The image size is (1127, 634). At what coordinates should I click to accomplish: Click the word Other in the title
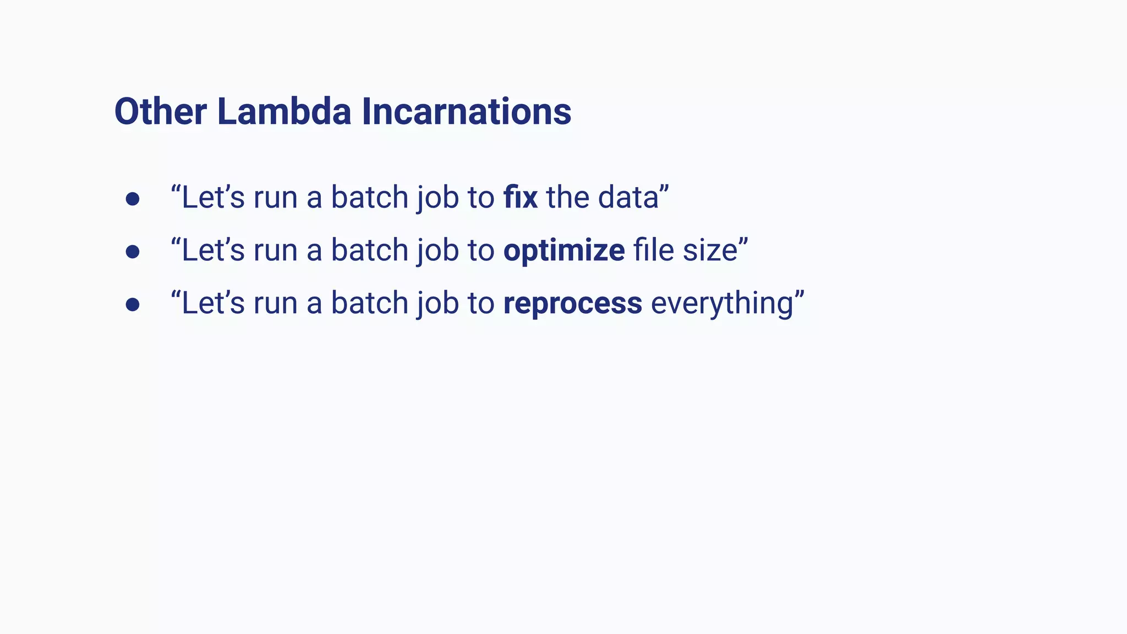[160, 112]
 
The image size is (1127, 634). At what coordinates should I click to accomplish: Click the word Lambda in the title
[284, 112]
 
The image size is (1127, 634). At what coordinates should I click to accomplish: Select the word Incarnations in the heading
[466, 112]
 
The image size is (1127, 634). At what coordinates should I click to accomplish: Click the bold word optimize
[563, 251]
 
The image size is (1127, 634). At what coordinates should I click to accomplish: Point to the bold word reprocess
[572, 304]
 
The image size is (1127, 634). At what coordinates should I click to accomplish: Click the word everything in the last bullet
[721, 304]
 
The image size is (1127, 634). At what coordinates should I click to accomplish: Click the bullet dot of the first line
[132, 199]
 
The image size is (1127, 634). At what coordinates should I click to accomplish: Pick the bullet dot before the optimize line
[132, 252]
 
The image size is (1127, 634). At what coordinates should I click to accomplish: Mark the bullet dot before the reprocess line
[132, 304]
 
